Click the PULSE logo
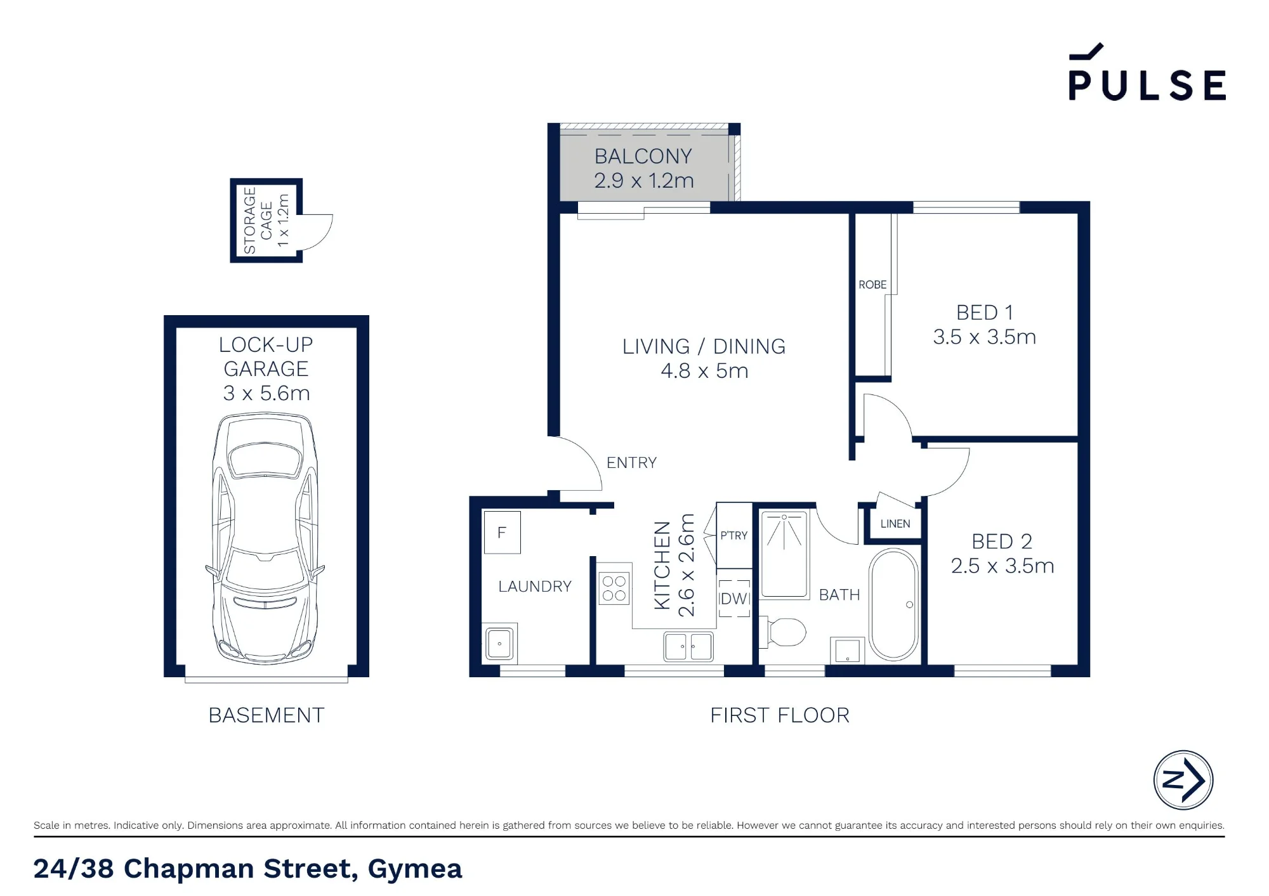(x=1147, y=72)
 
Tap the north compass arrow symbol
(x=1183, y=780)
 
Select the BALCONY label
(x=643, y=156)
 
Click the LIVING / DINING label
(x=704, y=346)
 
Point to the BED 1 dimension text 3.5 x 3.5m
(x=984, y=337)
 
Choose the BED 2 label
(x=1002, y=542)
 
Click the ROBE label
(x=872, y=285)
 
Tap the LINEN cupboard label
(x=895, y=524)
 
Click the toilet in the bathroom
(x=784, y=632)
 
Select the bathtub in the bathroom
(x=893, y=604)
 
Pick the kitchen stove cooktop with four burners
(x=614, y=588)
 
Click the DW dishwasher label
(x=734, y=599)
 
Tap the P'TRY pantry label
(x=733, y=536)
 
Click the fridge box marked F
(x=502, y=533)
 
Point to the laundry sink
(x=500, y=644)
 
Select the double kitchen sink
(x=688, y=647)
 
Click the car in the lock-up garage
(x=265, y=538)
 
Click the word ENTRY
(x=631, y=463)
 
